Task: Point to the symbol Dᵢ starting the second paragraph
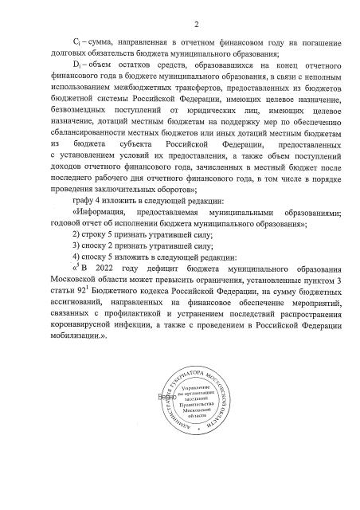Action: tap(77, 75)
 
